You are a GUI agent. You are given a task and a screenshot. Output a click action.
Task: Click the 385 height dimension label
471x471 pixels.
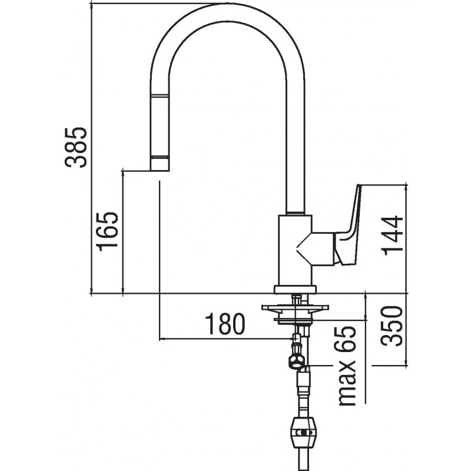(76, 147)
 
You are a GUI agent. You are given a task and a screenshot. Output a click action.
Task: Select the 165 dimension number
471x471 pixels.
(107, 231)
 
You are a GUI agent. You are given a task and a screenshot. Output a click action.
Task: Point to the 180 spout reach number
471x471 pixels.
(225, 324)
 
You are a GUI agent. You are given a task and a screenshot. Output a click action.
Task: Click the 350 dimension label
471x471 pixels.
(391, 326)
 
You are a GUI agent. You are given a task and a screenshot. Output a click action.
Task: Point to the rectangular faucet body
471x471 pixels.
(296, 250)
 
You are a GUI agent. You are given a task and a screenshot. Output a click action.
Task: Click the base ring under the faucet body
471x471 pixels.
(296, 289)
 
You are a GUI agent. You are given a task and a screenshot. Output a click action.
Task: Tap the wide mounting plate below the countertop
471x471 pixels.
(296, 307)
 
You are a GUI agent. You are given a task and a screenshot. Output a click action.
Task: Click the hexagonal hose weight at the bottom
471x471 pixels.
(300, 433)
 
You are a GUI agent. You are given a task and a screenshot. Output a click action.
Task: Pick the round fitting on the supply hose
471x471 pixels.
(296, 360)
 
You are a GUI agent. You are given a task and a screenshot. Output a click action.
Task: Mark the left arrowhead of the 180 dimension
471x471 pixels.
(162, 339)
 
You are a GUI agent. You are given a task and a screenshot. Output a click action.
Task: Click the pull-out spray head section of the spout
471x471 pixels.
(160, 126)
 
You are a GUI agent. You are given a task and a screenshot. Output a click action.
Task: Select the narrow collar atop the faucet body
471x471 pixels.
(296, 213)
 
